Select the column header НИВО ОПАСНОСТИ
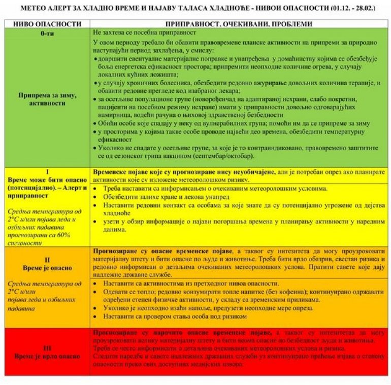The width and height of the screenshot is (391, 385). coord(47,24)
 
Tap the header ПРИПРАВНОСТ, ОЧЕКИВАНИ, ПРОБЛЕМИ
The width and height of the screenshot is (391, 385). coord(239,24)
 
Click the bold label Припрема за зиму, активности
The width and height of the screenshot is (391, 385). coord(47,98)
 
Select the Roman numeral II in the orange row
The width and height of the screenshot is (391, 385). coord(47,259)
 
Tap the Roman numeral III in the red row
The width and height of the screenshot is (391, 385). coord(47,347)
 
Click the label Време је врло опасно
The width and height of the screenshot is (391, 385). coord(47,356)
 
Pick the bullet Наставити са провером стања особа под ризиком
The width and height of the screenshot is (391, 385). coord(175,317)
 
